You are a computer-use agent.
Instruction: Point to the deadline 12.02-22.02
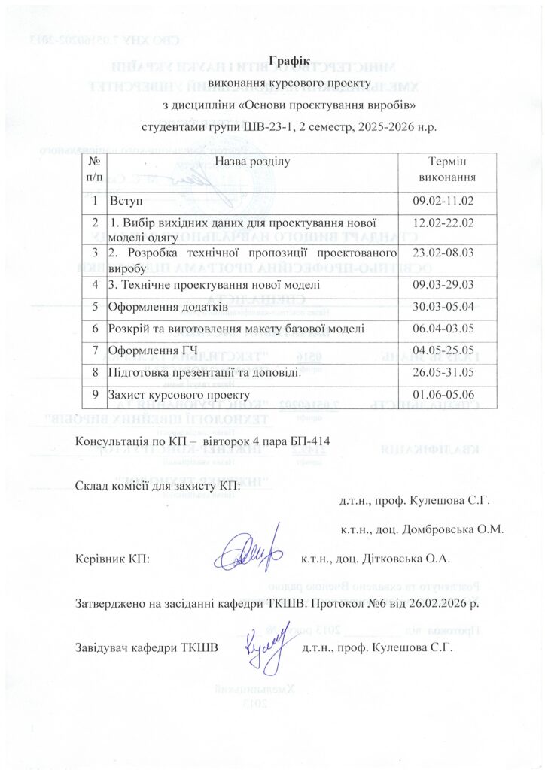(x=443, y=223)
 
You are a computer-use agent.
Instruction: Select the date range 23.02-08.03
(x=443, y=253)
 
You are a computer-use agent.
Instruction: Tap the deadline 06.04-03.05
(x=443, y=329)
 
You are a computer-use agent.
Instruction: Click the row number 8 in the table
(x=95, y=372)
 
